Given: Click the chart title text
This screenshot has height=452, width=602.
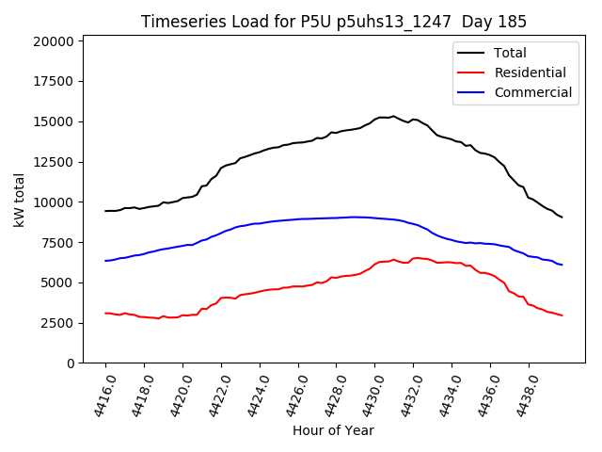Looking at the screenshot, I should [334, 22].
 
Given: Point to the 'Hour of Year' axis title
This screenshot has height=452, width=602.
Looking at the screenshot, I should [333, 430].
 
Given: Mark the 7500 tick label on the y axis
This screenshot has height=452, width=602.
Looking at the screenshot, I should [57, 243].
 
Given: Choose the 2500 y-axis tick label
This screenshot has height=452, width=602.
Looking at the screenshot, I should [57, 323].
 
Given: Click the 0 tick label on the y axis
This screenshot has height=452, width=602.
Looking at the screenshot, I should [71, 363].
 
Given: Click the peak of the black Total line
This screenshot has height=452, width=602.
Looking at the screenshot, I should [393, 116].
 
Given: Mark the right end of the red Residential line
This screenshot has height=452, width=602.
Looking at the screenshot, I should [562, 315].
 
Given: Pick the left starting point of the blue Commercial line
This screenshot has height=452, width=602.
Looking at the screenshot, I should [105, 261].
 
